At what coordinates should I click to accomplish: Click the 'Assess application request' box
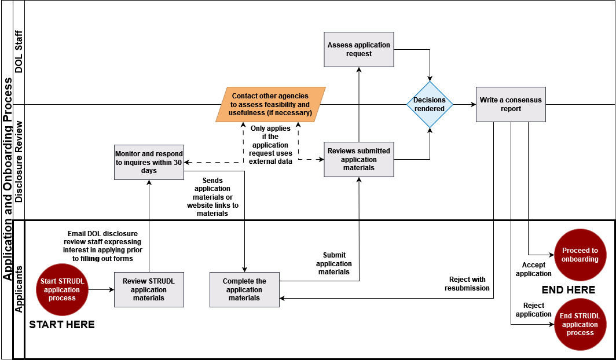tap(358, 49)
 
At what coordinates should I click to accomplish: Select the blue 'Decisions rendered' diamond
tap(430, 105)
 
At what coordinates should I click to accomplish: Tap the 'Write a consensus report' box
tap(511, 104)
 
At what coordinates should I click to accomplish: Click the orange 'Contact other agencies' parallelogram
tap(270, 104)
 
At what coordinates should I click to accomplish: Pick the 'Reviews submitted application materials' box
tap(358, 159)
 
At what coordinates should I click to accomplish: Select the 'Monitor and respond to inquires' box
tap(149, 162)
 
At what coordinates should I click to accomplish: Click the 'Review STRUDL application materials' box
tap(149, 289)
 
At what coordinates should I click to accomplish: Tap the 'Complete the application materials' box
tap(244, 289)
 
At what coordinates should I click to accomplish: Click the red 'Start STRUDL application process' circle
tap(62, 289)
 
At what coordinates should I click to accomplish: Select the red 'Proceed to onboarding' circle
tap(580, 255)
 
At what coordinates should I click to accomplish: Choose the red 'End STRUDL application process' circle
tap(580, 325)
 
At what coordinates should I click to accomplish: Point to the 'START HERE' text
tap(62, 325)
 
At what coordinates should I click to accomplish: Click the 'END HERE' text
tap(568, 289)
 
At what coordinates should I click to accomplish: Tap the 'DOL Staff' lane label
tap(19, 52)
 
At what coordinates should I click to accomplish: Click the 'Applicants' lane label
tap(19, 289)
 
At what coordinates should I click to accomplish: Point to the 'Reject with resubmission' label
tap(467, 284)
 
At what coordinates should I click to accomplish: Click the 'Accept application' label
tap(533, 269)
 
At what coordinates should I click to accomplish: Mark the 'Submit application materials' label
tap(333, 263)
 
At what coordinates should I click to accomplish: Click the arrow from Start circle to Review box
tap(101, 289)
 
